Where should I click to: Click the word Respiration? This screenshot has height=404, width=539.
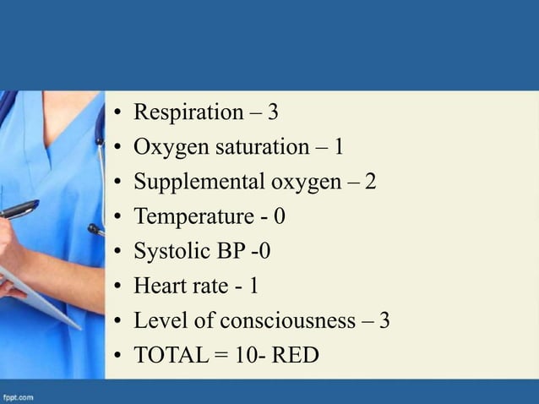[x=188, y=112]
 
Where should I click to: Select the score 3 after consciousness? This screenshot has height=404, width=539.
[x=384, y=321]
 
